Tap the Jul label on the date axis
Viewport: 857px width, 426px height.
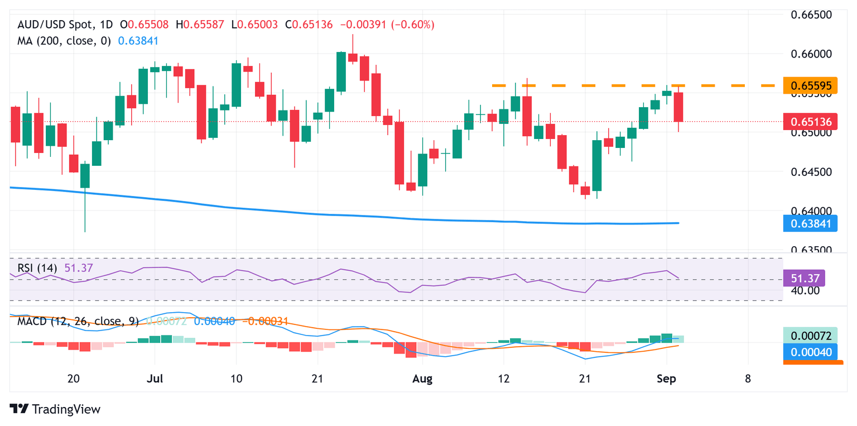(154, 379)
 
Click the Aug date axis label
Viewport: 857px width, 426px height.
(422, 379)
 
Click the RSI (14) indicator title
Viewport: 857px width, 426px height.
(37, 268)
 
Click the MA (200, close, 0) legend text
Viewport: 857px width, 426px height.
(64, 41)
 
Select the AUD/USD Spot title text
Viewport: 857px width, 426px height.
(56, 25)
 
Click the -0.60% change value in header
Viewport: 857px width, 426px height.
(413, 25)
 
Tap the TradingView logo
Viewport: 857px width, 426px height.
(56, 409)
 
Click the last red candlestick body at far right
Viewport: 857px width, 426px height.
(678, 107)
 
